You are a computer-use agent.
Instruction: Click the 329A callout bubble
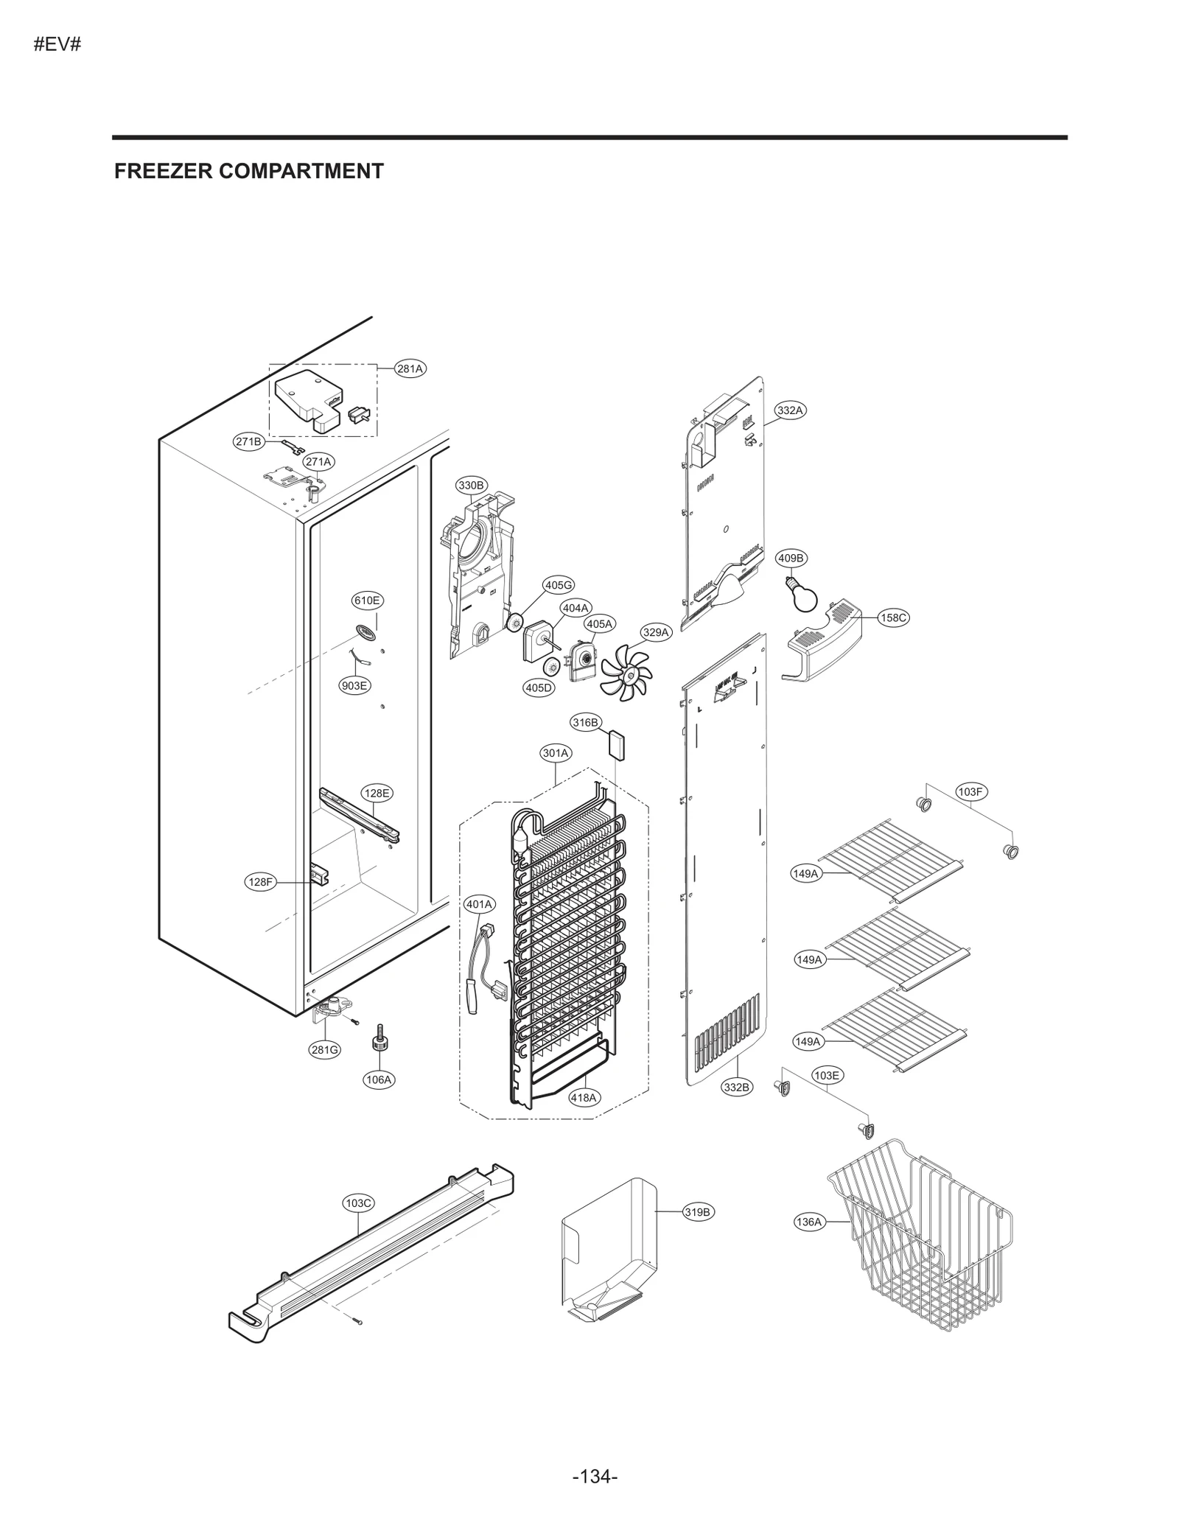(655, 632)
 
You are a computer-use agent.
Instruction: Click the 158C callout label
(893, 617)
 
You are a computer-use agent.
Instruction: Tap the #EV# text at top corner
(57, 44)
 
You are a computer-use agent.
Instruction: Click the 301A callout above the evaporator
(556, 753)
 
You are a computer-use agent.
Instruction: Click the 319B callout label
(698, 1212)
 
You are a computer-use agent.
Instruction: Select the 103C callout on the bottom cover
(359, 1203)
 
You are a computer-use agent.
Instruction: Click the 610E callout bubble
(367, 601)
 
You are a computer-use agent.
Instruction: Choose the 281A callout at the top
(410, 369)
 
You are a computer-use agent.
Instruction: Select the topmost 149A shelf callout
(805, 874)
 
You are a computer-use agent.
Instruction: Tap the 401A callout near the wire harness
(480, 904)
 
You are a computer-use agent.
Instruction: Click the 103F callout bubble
(970, 792)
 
